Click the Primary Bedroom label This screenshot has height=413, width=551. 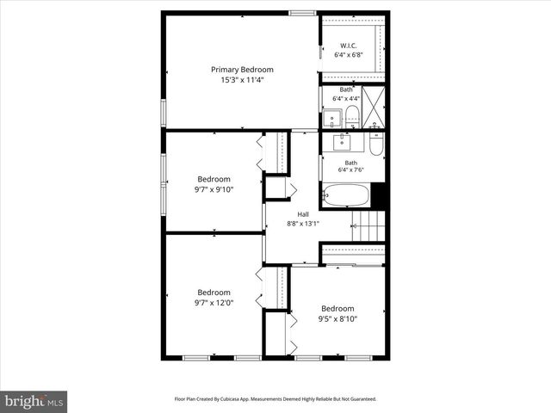[242, 70]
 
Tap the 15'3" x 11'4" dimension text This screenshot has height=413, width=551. [242, 80]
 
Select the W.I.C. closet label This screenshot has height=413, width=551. [348, 46]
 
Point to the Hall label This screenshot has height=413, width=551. [303, 214]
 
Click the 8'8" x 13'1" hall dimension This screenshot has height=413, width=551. [303, 224]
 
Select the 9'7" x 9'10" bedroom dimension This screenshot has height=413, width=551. [213, 189]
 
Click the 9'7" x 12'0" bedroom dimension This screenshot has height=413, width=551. [214, 302]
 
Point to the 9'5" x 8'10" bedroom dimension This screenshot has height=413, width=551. [337, 318]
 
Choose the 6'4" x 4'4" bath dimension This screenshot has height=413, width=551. [346, 98]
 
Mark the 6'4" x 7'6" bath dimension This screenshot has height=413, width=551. [350, 170]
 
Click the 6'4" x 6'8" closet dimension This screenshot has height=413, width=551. [348, 55]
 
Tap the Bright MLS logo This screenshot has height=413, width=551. [34, 400]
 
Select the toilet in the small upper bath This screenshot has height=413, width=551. [351, 115]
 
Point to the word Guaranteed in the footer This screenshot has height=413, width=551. [360, 399]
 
